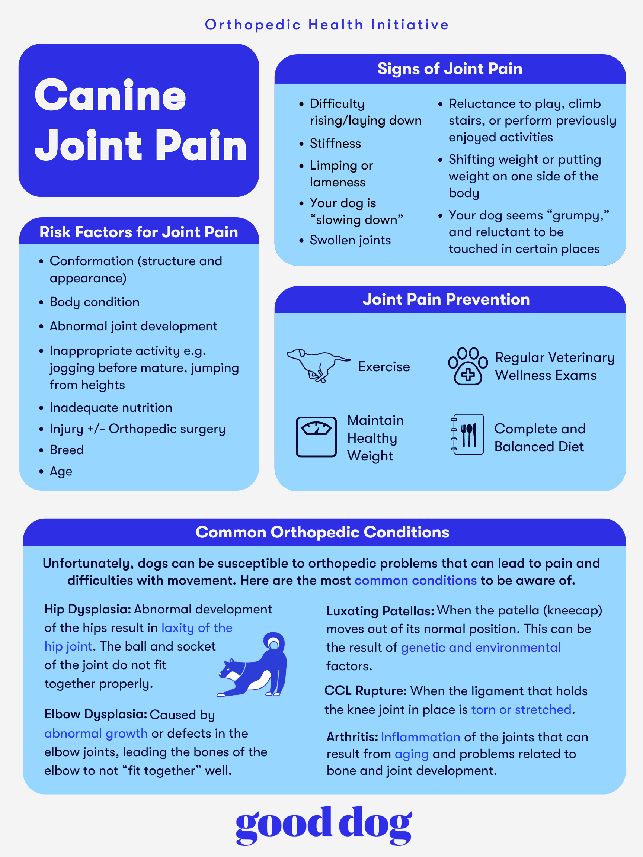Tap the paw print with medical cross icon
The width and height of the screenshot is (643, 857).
[468, 366]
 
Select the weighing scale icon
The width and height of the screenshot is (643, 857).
[316, 437]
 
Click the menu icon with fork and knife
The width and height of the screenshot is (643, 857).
[467, 434]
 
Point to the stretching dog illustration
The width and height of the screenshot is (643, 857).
[252, 665]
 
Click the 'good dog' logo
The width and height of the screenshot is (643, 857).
[324, 825]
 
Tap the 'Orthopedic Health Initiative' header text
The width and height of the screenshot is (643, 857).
[327, 25]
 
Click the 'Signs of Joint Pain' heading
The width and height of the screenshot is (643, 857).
[450, 68]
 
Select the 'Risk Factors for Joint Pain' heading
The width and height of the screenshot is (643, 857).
[139, 232]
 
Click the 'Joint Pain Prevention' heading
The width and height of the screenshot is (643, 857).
[446, 299]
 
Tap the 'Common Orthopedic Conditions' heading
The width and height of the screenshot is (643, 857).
[323, 532]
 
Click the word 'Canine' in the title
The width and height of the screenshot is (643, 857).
[111, 95]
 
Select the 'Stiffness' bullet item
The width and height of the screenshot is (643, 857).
[335, 143]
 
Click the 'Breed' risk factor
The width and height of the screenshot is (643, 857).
[67, 450]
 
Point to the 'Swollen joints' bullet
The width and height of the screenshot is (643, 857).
[351, 240]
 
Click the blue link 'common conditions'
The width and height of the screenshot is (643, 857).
[416, 580]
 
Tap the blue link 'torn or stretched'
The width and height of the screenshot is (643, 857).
[521, 709]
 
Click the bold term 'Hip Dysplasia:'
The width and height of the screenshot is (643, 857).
[88, 609]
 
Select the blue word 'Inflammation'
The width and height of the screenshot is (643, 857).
[420, 737]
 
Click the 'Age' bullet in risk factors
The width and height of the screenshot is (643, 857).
[61, 472]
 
